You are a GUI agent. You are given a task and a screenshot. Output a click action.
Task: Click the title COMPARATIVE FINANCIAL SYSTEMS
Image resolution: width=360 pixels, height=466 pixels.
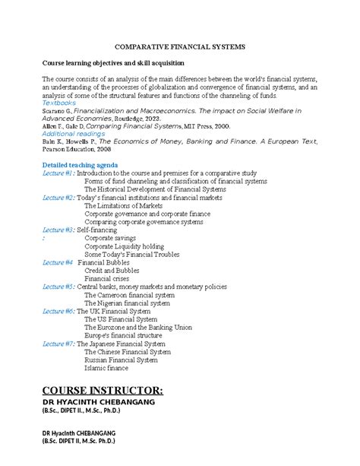(179, 46)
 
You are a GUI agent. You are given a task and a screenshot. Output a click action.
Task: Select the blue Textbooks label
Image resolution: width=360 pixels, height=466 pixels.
(59, 103)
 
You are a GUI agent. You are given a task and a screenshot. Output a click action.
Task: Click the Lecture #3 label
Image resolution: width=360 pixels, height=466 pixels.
(58, 230)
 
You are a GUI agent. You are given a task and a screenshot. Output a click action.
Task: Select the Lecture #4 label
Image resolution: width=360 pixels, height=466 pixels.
(58, 262)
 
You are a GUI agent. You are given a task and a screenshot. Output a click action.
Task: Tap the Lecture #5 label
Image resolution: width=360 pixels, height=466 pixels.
(58, 287)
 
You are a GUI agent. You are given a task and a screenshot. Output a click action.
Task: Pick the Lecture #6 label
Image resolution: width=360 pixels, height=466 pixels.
(58, 311)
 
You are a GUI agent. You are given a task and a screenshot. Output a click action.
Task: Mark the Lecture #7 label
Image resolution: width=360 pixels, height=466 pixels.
(58, 344)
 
